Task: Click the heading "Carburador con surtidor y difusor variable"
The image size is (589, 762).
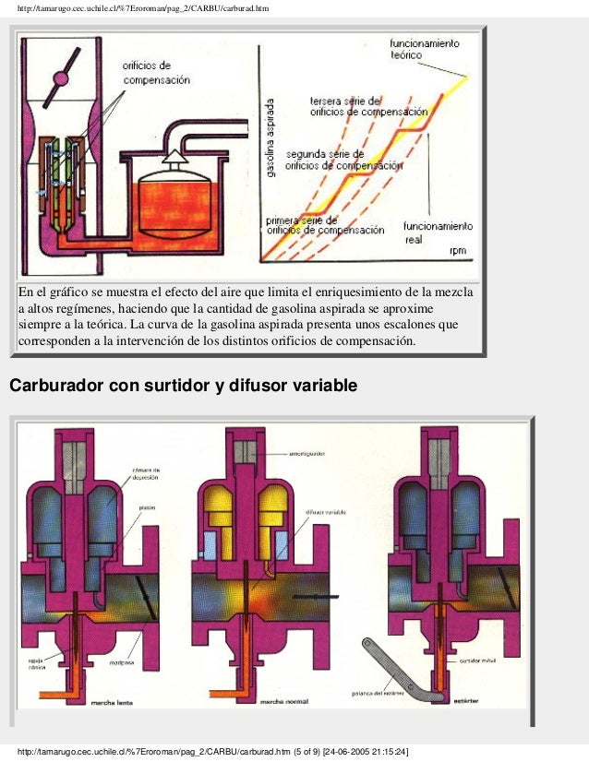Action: tap(182, 385)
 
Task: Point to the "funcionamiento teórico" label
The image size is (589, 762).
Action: tap(426, 49)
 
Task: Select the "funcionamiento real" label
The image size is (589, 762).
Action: tap(439, 232)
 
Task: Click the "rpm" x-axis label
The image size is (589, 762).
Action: tap(458, 250)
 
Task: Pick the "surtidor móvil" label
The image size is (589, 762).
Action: tap(476, 661)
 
